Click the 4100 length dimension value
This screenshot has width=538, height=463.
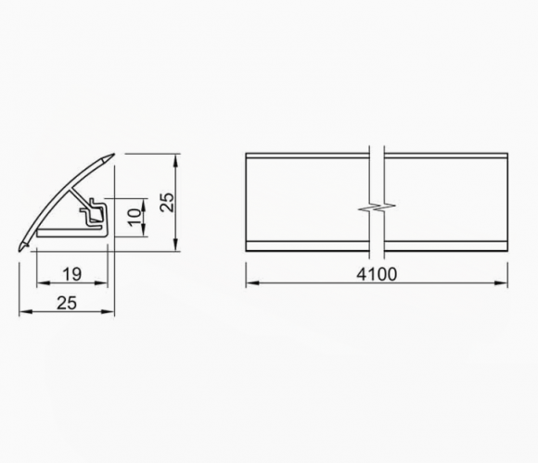click(x=377, y=274)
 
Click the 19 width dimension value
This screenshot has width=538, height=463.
click(x=72, y=274)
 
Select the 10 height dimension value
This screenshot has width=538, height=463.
click(x=134, y=218)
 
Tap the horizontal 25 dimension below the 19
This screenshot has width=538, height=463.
click(x=67, y=303)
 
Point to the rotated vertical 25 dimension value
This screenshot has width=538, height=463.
click(x=168, y=203)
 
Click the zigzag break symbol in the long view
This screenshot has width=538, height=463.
click(x=377, y=206)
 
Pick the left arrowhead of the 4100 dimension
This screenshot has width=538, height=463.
click(x=252, y=282)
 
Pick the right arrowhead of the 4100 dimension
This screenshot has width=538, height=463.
click(x=501, y=282)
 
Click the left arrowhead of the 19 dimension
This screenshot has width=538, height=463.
click(x=43, y=282)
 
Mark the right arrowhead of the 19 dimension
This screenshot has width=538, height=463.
click(x=102, y=282)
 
